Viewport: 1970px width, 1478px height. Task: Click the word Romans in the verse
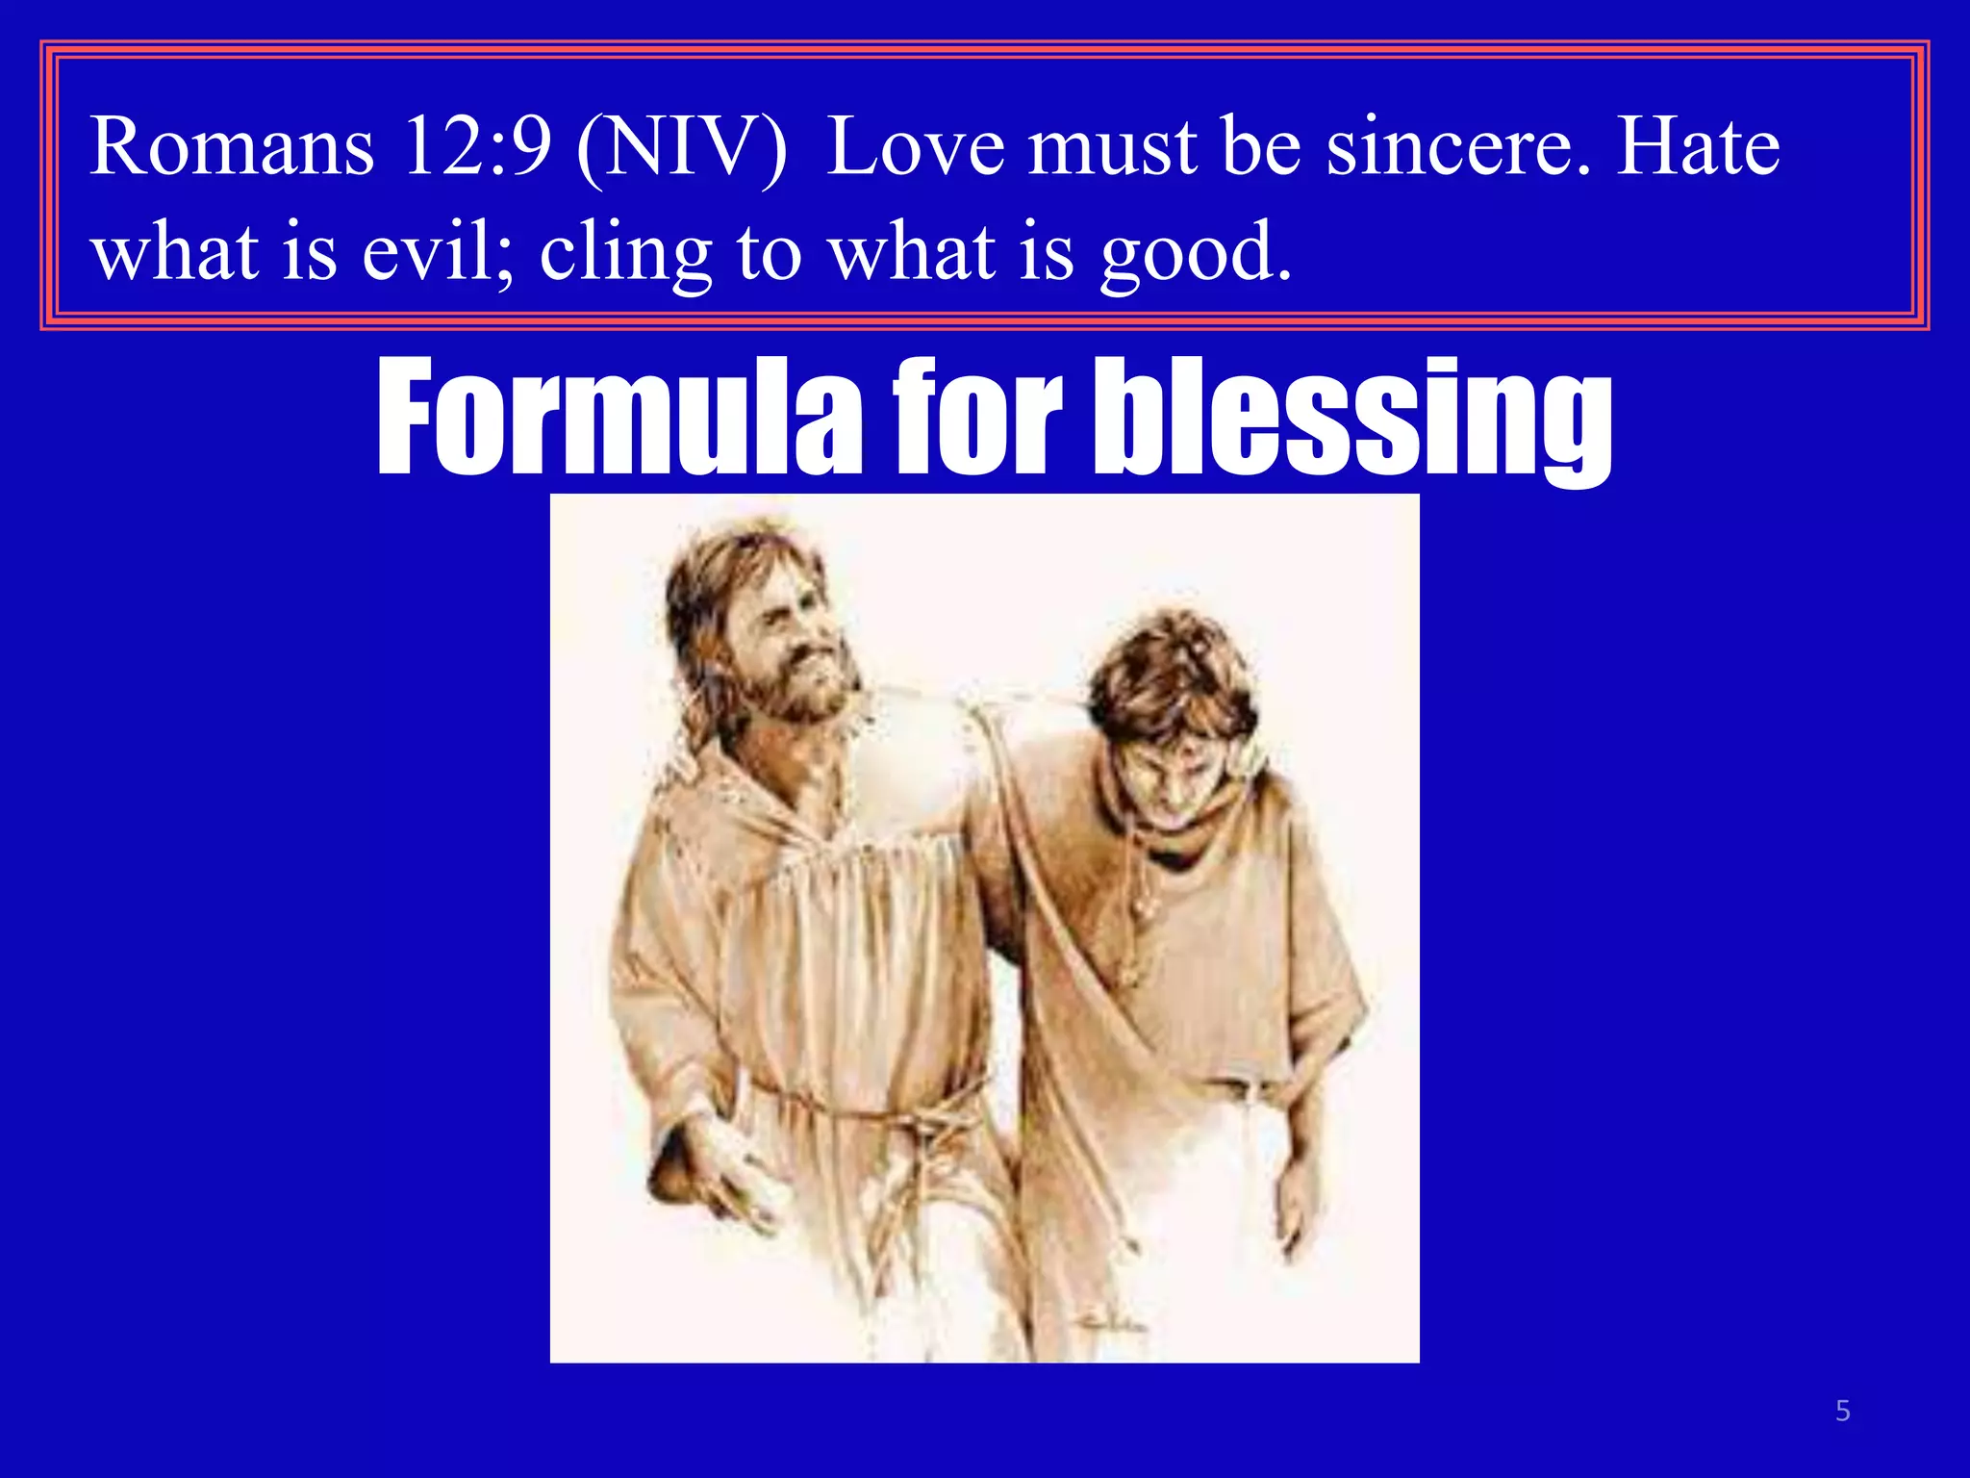(232, 147)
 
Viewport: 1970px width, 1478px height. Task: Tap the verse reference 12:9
(477, 147)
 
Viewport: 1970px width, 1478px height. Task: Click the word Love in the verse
(915, 147)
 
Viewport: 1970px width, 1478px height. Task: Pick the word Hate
(1699, 147)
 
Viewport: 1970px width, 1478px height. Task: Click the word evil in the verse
(438, 252)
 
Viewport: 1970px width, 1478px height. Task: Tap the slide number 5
(1843, 1412)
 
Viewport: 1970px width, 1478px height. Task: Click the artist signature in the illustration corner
(1116, 1326)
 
